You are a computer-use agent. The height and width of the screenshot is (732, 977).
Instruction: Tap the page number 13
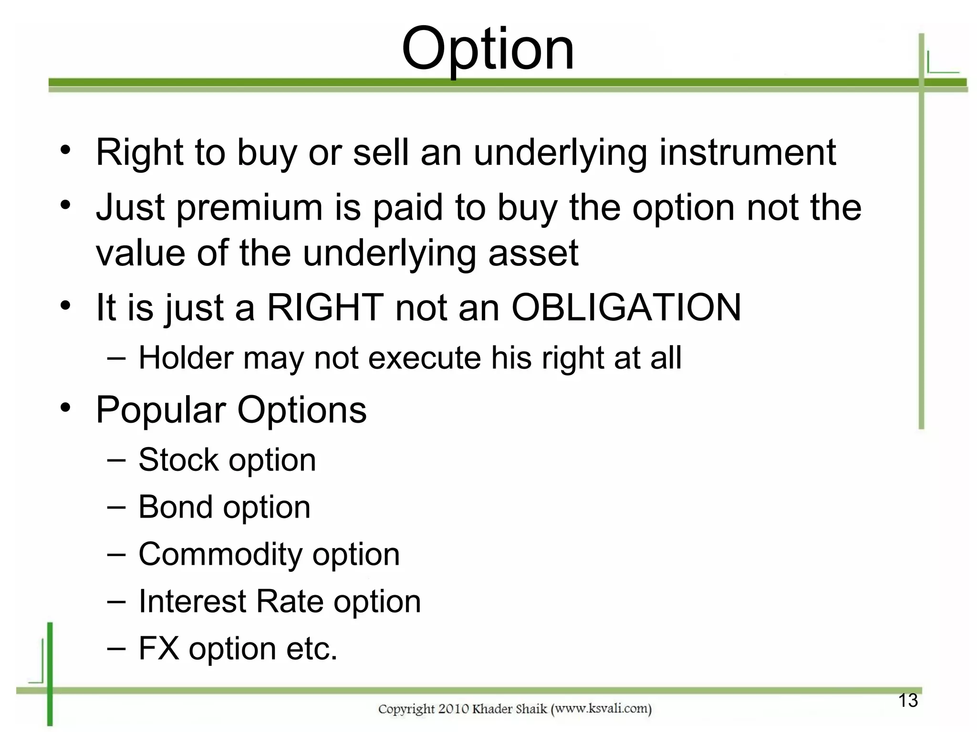pos(908,701)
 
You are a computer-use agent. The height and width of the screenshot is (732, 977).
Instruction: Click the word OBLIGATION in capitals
pos(626,307)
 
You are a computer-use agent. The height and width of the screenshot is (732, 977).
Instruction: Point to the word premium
pos(249,208)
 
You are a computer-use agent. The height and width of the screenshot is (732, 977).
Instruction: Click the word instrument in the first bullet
pos(748,152)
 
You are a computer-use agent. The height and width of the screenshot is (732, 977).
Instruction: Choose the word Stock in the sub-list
pos(178,460)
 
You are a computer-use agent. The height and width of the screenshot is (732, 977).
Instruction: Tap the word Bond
pos(175,507)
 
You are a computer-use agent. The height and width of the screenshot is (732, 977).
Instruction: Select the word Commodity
pos(220,554)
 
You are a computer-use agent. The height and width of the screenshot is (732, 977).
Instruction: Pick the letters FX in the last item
pos(159,648)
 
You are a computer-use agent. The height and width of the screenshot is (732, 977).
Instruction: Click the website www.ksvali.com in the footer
pos(601,709)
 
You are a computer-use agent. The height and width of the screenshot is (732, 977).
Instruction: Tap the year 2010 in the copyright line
pos(453,709)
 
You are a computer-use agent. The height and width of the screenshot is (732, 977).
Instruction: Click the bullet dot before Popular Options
pos(65,408)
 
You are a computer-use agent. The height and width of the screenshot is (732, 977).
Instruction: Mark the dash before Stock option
pos(116,460)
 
